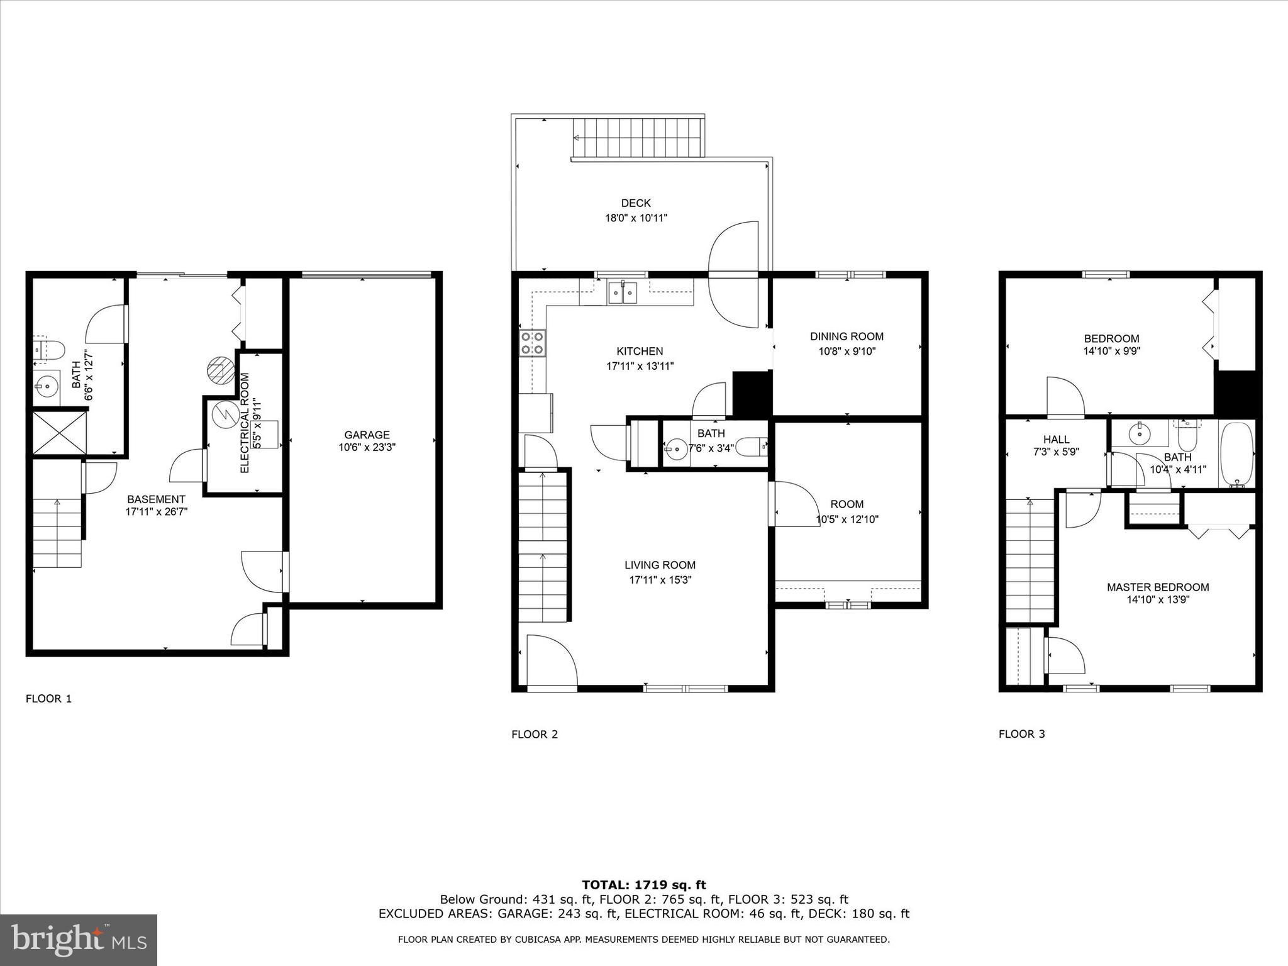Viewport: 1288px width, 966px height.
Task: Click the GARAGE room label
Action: click(x=367, y=435)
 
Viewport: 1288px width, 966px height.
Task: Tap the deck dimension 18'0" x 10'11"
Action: click(x=635, y=218)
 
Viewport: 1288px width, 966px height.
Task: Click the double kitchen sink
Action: click(x=623, y=293)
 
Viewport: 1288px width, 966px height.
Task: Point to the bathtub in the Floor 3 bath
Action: click(x=1236, y=454)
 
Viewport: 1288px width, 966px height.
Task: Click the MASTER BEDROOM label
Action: click(x=1157, y=587)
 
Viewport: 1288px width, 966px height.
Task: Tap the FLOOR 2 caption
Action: click(x=534, y=734)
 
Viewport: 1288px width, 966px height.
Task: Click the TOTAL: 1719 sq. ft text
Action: click(x=643, y=885)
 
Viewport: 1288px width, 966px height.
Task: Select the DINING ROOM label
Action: click(x=847, y=336)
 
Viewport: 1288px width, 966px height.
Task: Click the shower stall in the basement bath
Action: click(x=58, y=432)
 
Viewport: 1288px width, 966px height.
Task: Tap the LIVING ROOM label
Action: click(x=660, y=565)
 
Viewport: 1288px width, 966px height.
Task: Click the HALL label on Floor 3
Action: click(x=1056, y=439)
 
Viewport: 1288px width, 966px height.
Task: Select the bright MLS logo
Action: click(x=79, y=940)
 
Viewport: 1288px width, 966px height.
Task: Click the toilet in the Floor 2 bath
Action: click(x=752, y=447)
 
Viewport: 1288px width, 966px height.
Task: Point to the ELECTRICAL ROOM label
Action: click(x=245, y=423)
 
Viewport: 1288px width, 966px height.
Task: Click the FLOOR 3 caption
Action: click(x=1021, y=734)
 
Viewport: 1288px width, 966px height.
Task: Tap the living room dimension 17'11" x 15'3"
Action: click(x=660, y=580)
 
